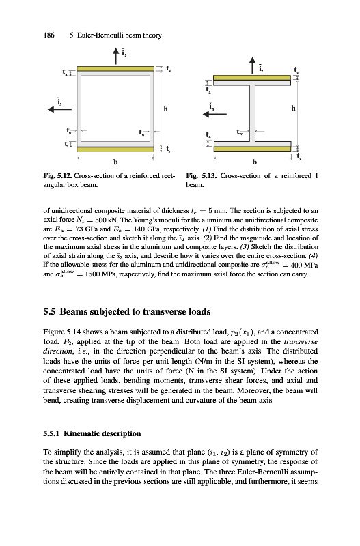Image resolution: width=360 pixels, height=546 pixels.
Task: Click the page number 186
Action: coord(49,35)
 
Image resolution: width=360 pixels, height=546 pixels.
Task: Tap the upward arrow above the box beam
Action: coord(116,56)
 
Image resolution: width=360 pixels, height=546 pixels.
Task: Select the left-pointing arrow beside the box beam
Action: coord(59,109)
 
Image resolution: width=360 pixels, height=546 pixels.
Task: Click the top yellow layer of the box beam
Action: coord(115,69)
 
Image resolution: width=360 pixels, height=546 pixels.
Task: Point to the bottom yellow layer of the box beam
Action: coord(115,149)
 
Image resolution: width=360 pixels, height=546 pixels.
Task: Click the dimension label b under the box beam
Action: coord(115,162)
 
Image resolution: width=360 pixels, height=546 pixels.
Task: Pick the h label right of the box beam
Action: coord(165,109)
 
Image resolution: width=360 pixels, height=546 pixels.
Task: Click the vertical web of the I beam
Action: coord(252,113)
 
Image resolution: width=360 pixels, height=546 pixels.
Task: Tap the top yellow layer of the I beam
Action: coord(252,78)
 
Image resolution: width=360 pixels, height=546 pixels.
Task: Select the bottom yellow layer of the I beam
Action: coord(252,149)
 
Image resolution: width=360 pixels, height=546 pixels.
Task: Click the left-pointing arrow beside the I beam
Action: coord(214,114)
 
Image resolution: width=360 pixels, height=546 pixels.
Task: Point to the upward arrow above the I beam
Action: coord(252,66)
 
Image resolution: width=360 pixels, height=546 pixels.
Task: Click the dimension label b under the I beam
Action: coord(254,162)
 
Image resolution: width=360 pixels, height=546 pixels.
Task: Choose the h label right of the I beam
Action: coord(294,109)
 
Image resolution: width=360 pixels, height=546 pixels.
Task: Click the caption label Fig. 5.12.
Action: coord(57,176)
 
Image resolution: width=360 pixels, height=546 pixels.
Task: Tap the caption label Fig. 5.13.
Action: coord(202,176)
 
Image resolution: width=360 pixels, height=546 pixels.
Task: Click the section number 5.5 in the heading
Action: coord(49,311)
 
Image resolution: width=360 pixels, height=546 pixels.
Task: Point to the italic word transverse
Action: coord(301,342)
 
